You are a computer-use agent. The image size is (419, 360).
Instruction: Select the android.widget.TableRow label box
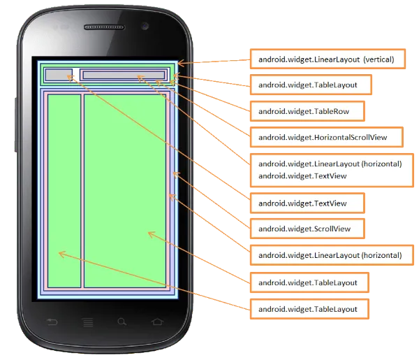click(310, 110)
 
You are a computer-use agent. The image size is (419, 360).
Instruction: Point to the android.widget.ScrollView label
click(309, 229)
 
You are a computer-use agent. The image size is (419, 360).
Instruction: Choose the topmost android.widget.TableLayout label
click(311, 85)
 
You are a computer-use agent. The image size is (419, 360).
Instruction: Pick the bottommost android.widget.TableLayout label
click(311, 308)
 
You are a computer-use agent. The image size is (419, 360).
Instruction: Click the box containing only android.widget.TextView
click(307, 203)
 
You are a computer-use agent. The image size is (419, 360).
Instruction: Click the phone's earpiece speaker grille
click(108, 27)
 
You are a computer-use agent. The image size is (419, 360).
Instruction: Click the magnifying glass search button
click(122, 322)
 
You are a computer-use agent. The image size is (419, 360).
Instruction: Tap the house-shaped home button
click(156, 322)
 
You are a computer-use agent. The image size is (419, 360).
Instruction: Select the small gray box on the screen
click(59, 74)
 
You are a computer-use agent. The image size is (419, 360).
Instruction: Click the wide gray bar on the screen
click(123, 75)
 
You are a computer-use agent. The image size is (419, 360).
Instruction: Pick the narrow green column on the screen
click(63, 190)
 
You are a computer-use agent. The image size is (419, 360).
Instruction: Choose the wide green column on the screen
click(124, 190)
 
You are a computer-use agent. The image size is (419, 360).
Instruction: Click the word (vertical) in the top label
click(379, 59)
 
